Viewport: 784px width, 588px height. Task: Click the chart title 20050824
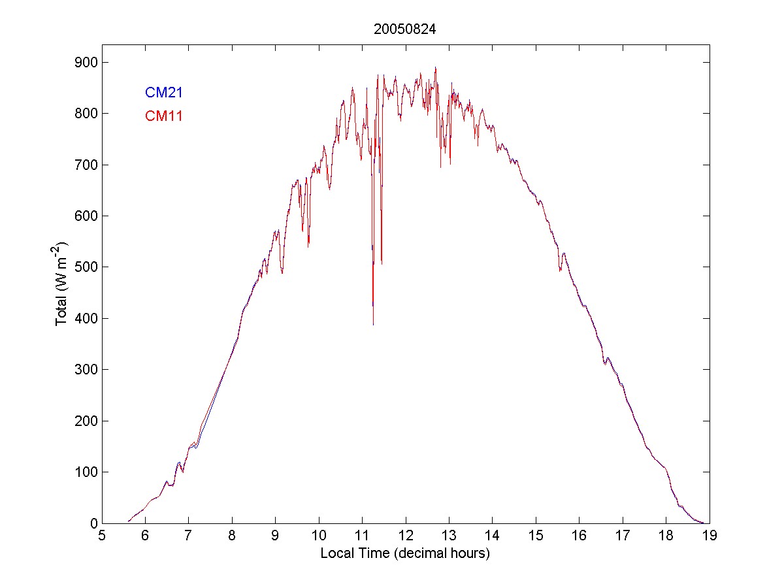coord(404,29)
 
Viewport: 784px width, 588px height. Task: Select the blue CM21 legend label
coord(163,92)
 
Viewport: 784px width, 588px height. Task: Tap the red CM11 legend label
coord(163,116)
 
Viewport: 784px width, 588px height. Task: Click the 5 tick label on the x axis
coord(102,536)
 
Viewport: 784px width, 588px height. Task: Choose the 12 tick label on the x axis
coord(405,536)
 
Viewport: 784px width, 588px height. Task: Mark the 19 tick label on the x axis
coord(709,536)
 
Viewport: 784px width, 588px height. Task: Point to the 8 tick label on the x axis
coord(232,536)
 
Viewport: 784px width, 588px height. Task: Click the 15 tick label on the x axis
coord(535,536)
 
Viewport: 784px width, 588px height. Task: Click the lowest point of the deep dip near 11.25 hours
coord(373,325)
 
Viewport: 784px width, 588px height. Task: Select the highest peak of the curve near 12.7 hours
coord(435,67)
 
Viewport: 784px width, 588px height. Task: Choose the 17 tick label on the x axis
coord(622,536)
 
